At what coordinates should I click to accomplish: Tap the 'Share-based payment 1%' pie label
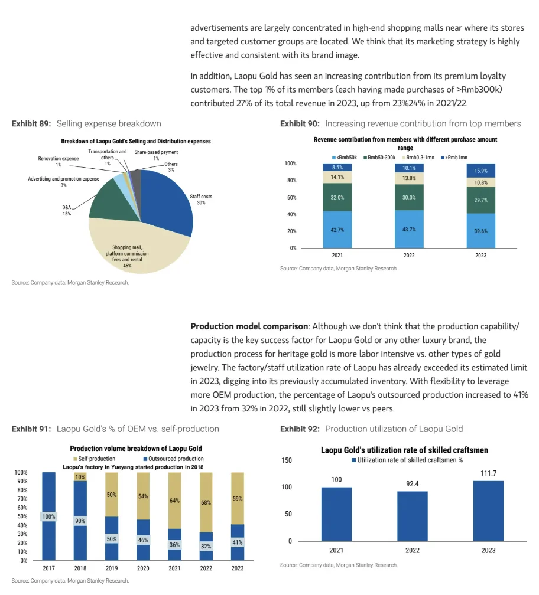pyautogui.click(x=156, y=155)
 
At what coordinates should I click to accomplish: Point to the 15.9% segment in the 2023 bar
pyautogui.click(x=480, y=171)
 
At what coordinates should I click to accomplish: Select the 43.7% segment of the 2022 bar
pyautogui.click(x=409, y=229)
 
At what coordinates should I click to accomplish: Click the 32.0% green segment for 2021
pyautogui.click(x=337, y=197)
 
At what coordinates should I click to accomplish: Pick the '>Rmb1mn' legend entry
pyautogui.click(x=456, y=157)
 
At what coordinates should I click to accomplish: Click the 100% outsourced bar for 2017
pyautogui.click(x=48, y=516)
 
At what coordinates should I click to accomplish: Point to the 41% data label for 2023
pyautogui.click(x=238, y=542)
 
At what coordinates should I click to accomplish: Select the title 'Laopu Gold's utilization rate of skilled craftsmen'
pyautogui.click(x=404, y=450)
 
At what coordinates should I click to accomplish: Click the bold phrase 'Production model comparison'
pyautogui.click(x=249, y=326)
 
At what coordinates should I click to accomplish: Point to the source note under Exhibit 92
pyautogui.click(x=339, y=565)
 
